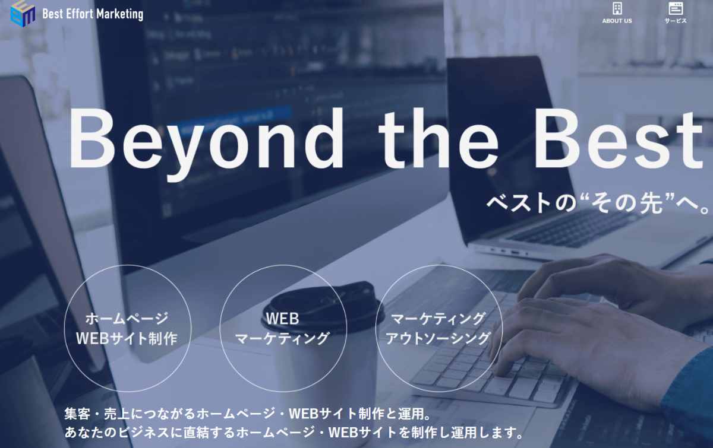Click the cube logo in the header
[x=23, y=14]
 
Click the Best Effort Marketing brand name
[x=93, y=14]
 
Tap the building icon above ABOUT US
[x=617, y=8]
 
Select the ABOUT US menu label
[x=617, y=21]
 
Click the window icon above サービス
[x=676, y=8]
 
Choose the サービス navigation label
[x=676, y=21]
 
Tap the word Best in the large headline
[x=619, y=139]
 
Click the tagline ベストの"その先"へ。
[x=598, y=204]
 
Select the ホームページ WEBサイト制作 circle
[x=128, y=329]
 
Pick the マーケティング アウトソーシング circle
[x=439, y=329]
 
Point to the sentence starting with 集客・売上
[x=248, y=414]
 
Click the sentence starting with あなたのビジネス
[x=295, y=433]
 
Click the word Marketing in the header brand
[x=119, y=14]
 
